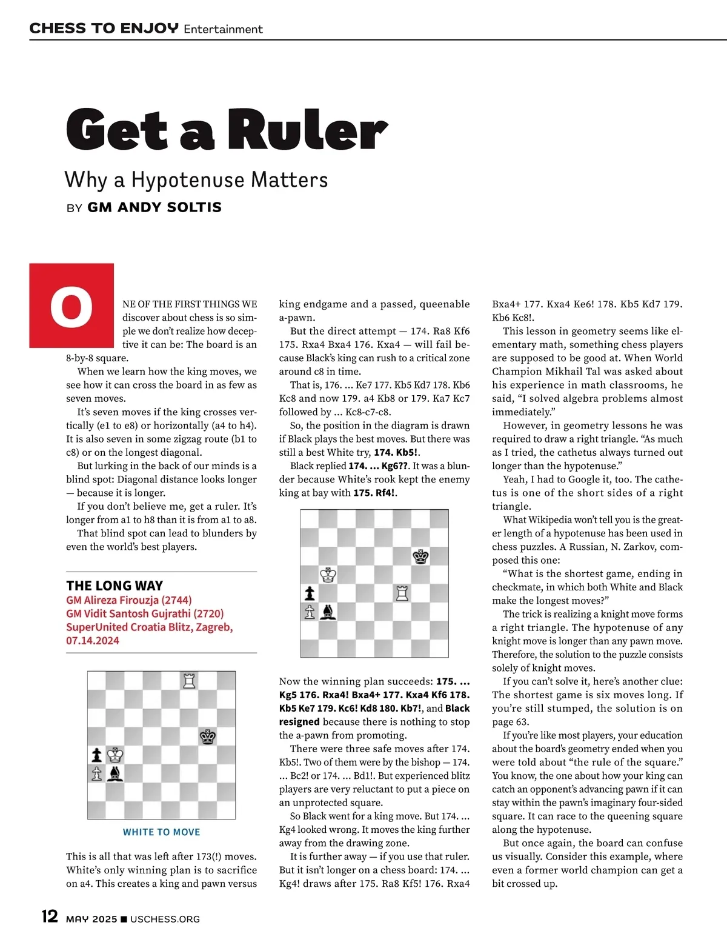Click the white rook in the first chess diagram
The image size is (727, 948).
pos(190,681)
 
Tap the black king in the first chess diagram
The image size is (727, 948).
pos(208,736)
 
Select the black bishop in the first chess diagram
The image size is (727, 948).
pos(115,773)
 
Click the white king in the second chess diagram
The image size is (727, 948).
pos(328,574)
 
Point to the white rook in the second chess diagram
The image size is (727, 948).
pos(402,593)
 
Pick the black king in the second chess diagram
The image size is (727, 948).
pos(420,556)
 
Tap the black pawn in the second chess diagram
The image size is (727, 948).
pos(310,593)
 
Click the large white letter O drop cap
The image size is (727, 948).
pos(71,305)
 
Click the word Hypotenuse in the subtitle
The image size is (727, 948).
pos(188,180)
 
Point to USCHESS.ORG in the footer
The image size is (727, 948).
pos(165,919)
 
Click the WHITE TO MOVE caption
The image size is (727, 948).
pos(161,832)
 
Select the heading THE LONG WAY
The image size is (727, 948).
pos(115,586)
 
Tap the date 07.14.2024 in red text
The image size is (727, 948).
pos(93,641)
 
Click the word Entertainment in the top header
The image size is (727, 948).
pos(223,29)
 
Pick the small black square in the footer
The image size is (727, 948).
pos(124,919)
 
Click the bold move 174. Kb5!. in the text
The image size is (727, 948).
pos(397,452)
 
